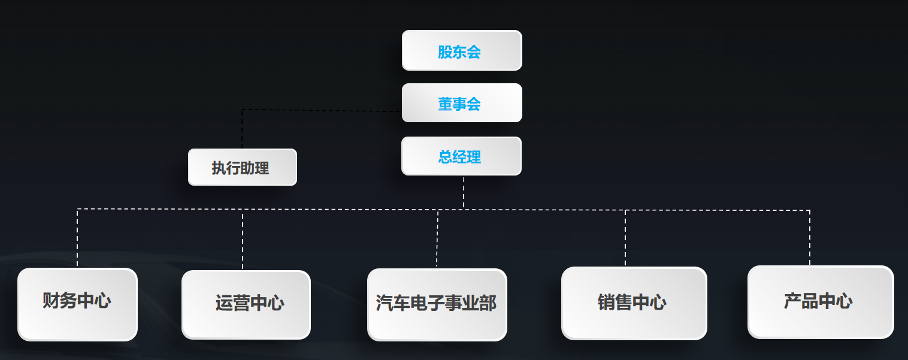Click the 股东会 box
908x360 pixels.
coord(462,51)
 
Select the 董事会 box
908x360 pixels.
coord(462,103)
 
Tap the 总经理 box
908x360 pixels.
coord(461,156)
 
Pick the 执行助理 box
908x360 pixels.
coord(243,167)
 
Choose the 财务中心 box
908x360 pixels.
coord(77,304)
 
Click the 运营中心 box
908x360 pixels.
coord(246,304)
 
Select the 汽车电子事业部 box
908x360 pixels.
coord(437,304)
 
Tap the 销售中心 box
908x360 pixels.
coord(634,303)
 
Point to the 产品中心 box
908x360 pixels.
coord(821,301)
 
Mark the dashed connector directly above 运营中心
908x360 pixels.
coord(243,240)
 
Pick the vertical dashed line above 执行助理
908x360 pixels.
coord(242,129)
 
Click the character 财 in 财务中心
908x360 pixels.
coord(51,300)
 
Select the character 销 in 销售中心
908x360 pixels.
coord(607,302)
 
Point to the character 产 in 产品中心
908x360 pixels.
coord(792,301)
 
